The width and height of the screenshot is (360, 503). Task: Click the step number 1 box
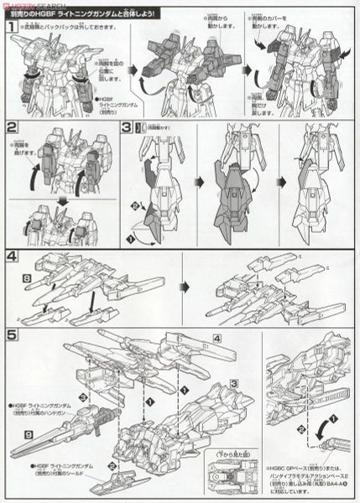point(11,29)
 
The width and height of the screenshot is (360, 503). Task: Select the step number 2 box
point(12,128)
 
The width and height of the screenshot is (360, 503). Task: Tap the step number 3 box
point(126,128)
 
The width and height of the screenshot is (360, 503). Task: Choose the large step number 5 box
point(12,334)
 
